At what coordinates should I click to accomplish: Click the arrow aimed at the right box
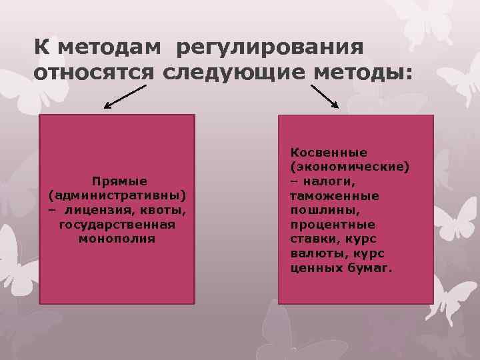point(325,96)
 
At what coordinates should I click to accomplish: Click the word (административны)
point(117,196)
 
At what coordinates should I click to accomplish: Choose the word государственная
point(117,224)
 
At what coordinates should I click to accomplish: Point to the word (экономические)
point(349,167)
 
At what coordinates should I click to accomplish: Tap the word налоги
point(331,181)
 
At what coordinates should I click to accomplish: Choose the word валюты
point(313,253)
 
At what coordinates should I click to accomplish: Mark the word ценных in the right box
point(312,268)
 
